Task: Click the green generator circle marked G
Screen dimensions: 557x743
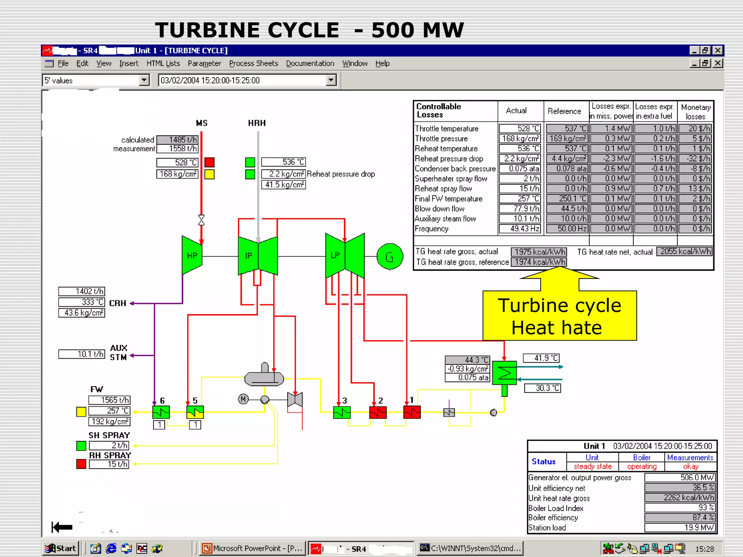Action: coord(390,257)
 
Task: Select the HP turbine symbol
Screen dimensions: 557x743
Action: coord(192,255)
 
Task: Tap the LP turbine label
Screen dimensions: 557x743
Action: coord(335,255)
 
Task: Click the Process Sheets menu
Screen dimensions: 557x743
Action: coord(253,63)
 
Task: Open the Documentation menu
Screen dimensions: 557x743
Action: coord(310,63)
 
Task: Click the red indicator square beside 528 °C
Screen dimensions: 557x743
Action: coord(209,162)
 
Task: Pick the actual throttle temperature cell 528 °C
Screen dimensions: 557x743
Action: coord(520,129)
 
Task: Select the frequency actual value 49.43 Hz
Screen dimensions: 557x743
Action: coord(520,229)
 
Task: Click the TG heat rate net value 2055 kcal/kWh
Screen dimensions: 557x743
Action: coord(684,252)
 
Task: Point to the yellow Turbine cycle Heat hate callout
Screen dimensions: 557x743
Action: coord(559,316)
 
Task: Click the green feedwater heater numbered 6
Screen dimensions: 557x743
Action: coord(161,412)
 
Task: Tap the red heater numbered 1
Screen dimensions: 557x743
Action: coord(412,412)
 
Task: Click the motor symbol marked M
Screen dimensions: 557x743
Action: coord(243,399)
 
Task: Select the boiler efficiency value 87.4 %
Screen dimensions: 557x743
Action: coord(680,517)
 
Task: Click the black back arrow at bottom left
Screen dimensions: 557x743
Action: coord(62,527)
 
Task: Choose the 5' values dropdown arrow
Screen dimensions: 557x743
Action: coord(144,80)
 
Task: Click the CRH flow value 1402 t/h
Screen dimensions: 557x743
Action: coord(82,292)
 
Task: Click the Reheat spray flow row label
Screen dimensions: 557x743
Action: coord(443,189)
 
